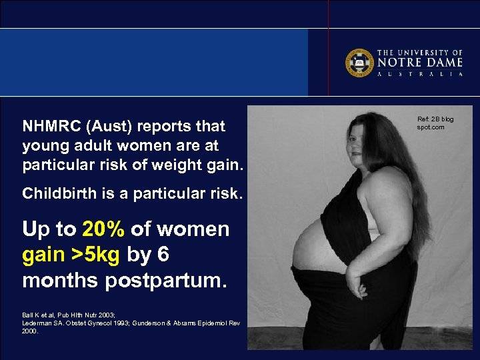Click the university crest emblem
coord(359,63)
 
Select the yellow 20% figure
coord(103,229)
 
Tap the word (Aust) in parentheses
coord(105,126)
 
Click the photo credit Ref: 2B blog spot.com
coord(435,123)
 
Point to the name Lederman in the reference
coord(39,323)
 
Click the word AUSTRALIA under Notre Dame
coord(420,74)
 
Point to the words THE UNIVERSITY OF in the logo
coord(420,52)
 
